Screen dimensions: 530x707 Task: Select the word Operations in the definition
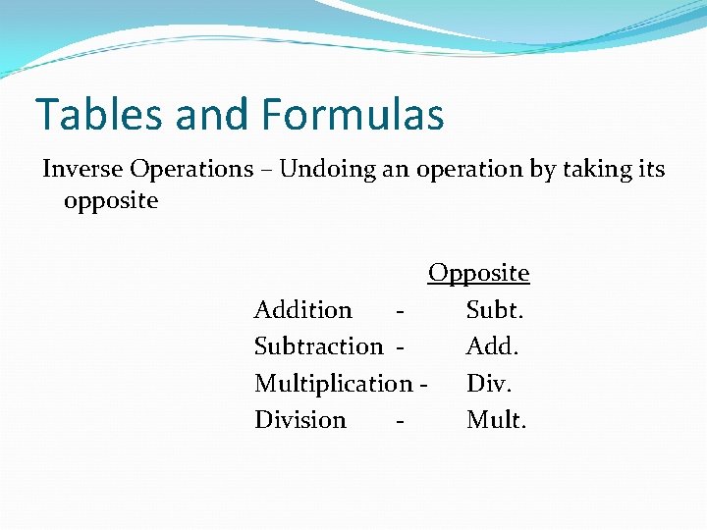191,169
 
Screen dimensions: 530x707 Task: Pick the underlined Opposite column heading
478,273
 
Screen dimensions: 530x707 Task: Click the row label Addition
302,310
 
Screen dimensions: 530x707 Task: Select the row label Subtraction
318,346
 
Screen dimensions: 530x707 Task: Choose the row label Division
299,420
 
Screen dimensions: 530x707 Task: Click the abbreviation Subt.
496,310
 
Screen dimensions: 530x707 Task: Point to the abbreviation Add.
493,346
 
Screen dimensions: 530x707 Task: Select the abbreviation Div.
489,383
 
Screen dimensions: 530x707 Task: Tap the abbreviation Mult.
496,420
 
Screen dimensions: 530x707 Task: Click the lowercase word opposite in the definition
110,201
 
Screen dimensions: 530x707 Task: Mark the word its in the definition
650,169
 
